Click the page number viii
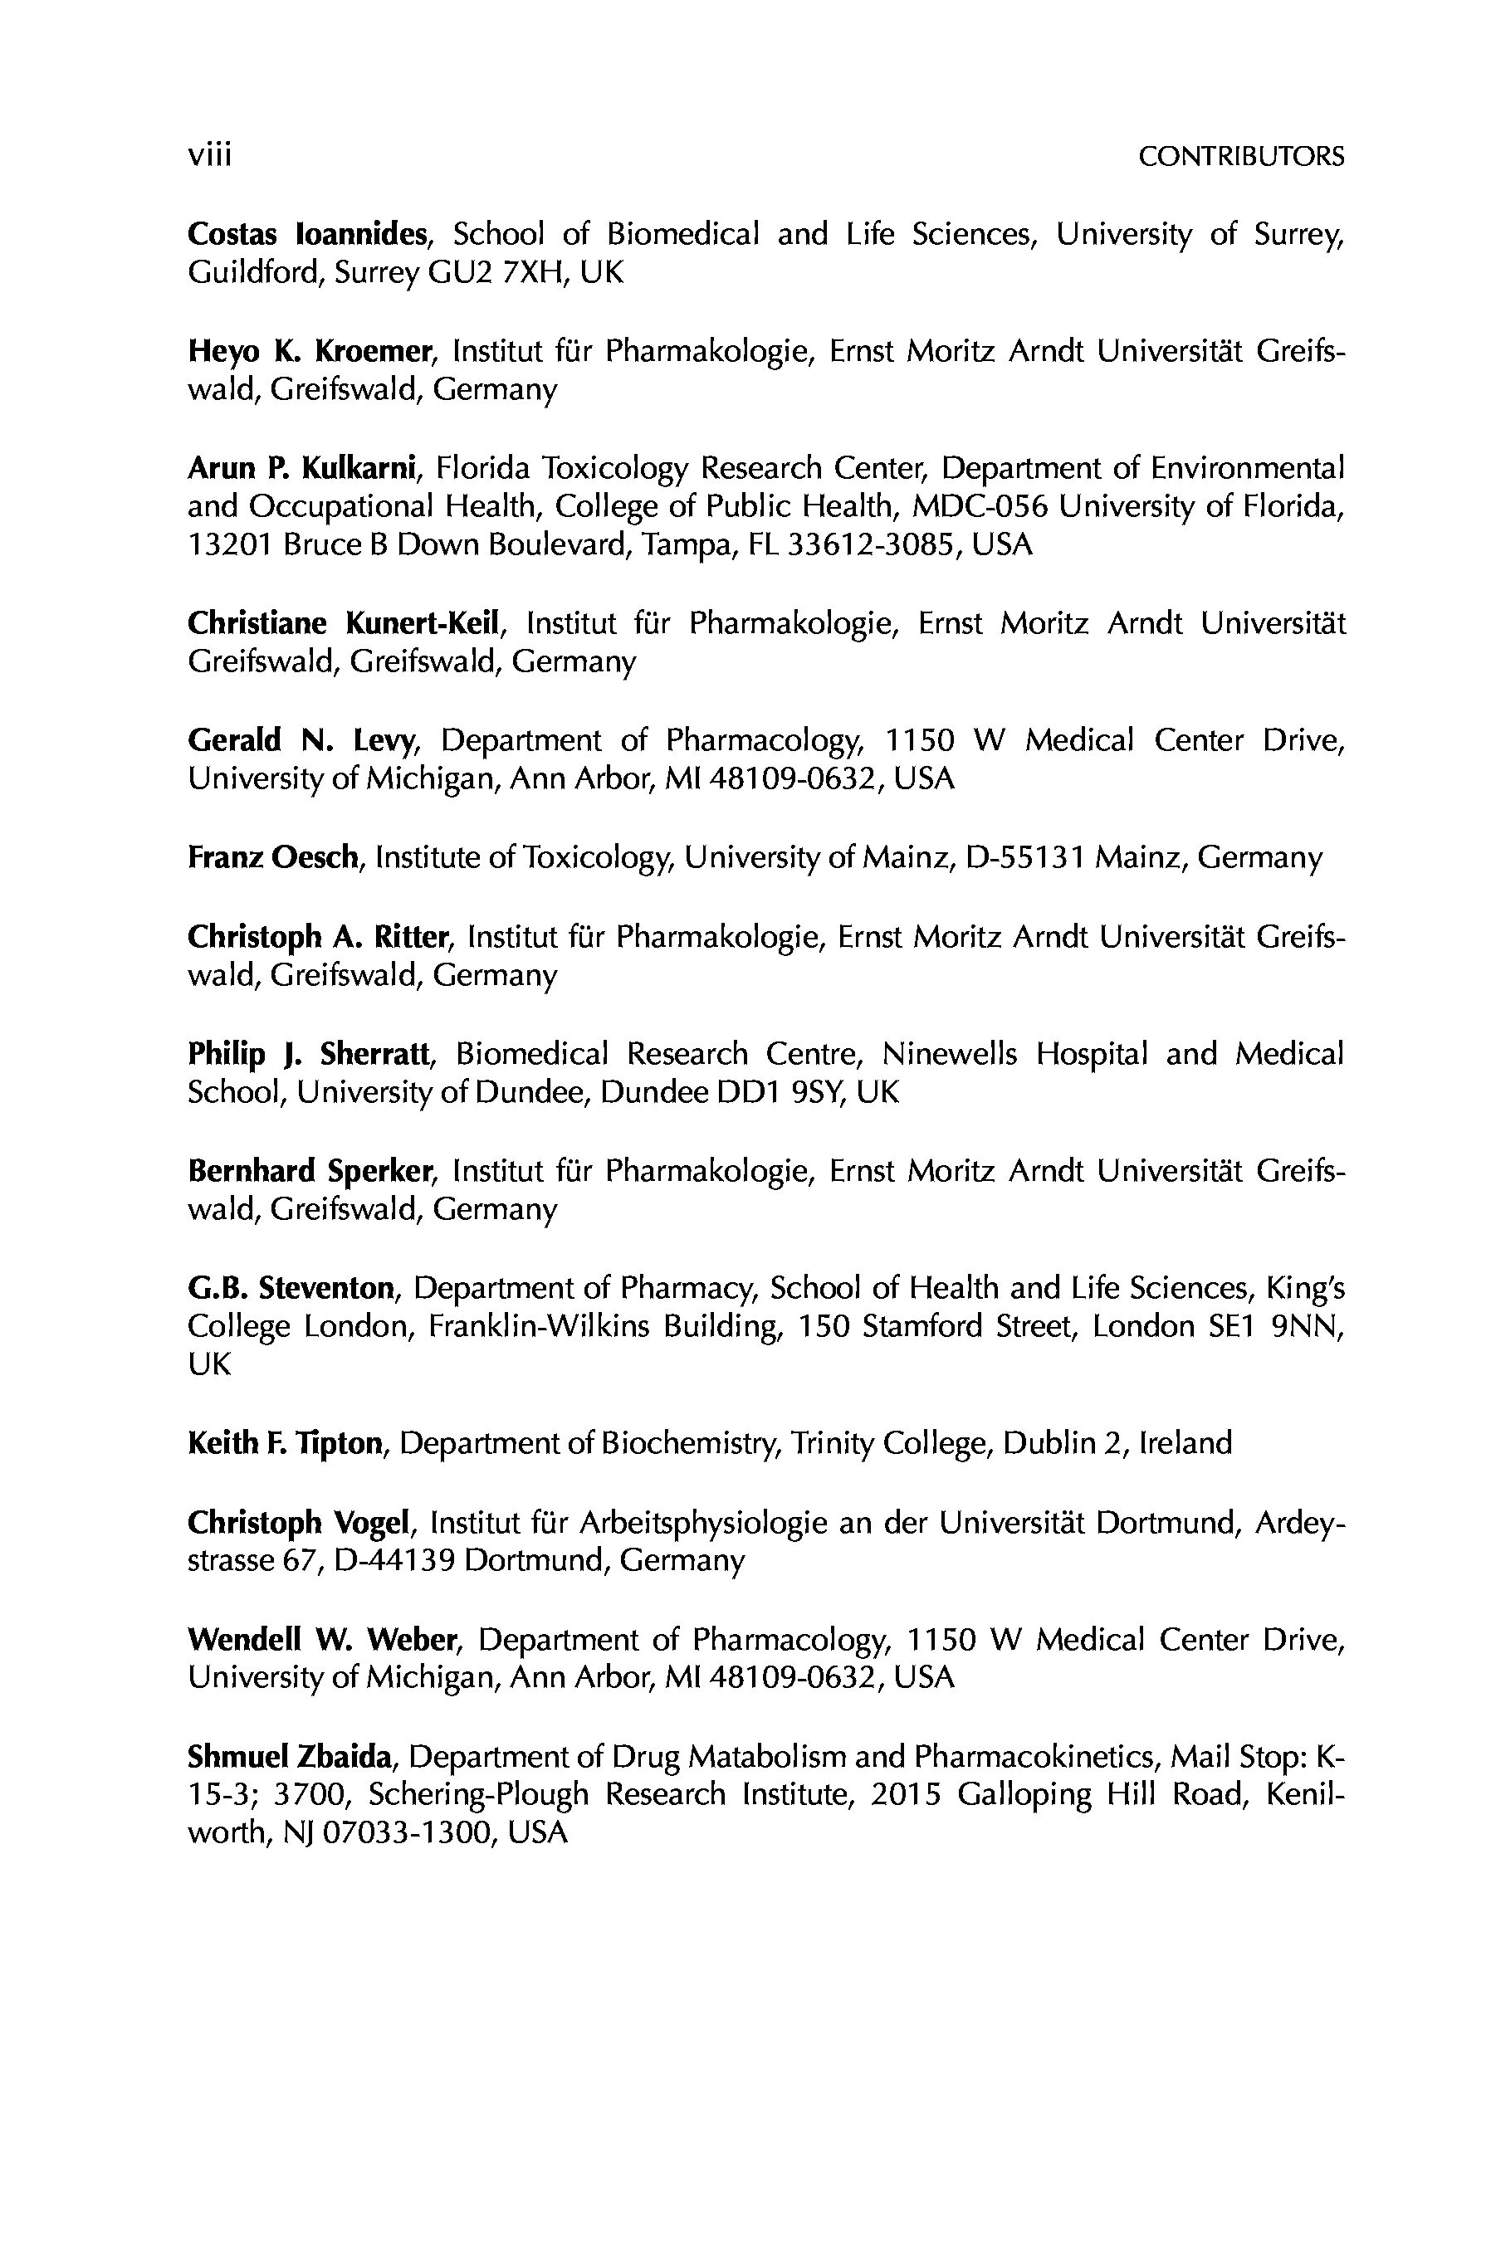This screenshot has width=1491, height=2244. pyautogui.click(x=209, y=154)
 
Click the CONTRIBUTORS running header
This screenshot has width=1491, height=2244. pyautogui.click(x=1241, y=157)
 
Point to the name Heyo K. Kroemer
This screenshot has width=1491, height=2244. pyautogui.click(x=310, y=351)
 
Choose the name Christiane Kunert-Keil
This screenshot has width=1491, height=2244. pyautogui.click(x=343, y=623)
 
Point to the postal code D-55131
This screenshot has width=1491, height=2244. pyautogui.click(x=1025, y=857)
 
